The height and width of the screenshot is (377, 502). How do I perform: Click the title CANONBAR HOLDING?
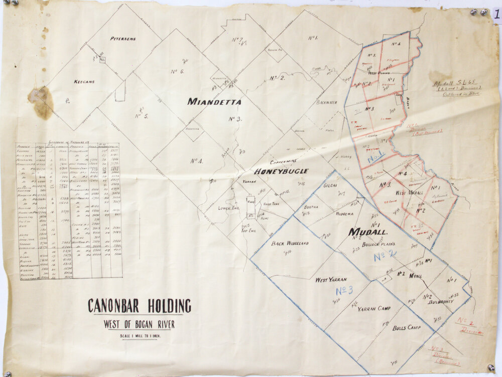coord(140,306)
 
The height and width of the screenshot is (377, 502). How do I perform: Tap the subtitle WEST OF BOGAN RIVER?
coord(139,324)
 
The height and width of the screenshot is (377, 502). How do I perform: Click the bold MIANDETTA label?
coord(214,102)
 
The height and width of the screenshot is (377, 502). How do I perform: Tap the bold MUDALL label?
coord(367,232)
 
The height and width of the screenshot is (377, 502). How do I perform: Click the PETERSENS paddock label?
coord(124,38)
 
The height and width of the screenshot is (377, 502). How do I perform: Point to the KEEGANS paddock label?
coord(84,81)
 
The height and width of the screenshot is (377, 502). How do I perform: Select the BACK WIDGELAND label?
coord(290,244)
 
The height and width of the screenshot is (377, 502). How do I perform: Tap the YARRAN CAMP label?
coord(374,309)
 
